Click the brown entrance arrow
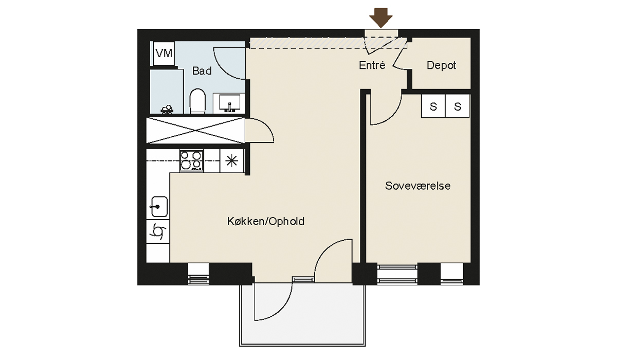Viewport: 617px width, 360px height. pos(381,17)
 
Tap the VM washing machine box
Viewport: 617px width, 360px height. pos(164,53)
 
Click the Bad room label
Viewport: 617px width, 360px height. pos(202,71)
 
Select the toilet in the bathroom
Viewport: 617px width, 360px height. pos(198,101)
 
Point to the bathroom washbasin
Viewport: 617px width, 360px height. pos(229,103)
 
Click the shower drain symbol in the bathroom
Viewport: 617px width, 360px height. pos(167,110)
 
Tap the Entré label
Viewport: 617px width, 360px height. pos(372,65)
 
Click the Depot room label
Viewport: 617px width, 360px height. pos(441,65)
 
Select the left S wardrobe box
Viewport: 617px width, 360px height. pos(433,106)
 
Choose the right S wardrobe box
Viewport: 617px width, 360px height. pos(458,106)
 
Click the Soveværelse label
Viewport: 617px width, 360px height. pos(418,186)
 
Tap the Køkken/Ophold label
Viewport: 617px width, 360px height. pos(266,222)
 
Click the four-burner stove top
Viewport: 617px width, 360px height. pos(192,161)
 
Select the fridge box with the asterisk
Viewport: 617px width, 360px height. pos(232,161)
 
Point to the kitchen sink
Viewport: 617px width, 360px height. pos(159,207)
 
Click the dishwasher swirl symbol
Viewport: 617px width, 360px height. pos(158,231)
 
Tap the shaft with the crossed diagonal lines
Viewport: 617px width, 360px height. pos(195,131)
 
